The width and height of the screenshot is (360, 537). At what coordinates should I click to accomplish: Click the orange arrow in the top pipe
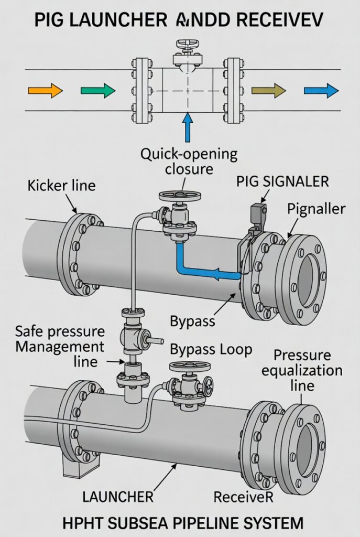[x=45, y=91]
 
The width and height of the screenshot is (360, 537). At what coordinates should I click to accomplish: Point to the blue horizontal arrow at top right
[x=321, y=91]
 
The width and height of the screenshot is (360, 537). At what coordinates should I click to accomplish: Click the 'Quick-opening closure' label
[x=188, y=162]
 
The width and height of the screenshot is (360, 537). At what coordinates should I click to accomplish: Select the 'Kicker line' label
[x=62, y=185]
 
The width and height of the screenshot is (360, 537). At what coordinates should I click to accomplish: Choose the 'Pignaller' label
[x=316, y=209]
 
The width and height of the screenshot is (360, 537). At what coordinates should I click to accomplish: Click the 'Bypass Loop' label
[x=211, y=349]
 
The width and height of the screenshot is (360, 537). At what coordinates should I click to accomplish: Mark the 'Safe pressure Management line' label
[x=60, y=346]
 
